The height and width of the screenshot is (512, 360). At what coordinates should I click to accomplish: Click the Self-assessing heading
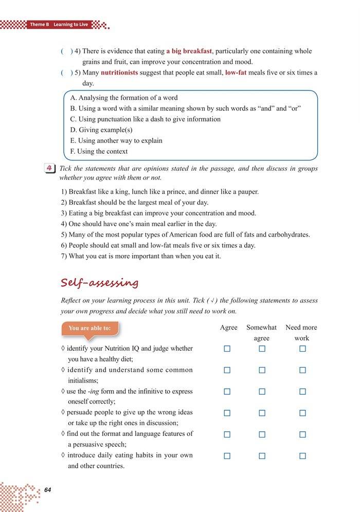pos(99,282)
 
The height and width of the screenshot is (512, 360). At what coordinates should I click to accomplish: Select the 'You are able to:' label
pos(89,327)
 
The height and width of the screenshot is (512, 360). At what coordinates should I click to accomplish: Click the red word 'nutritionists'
pos(120,73)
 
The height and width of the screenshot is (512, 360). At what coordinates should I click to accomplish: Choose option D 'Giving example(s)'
pos(101,130)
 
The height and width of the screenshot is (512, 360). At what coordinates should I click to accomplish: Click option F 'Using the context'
pos(99,152)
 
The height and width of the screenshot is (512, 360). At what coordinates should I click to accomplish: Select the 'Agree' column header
pos(228,327)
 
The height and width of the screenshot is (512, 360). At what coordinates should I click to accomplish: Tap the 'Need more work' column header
pos(301,333)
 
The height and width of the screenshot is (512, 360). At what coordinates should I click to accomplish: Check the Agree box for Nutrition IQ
pos(227,349)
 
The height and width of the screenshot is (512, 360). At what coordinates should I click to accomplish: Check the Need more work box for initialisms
pos(302,370)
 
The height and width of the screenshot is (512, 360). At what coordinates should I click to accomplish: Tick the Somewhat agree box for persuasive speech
pos(262,434)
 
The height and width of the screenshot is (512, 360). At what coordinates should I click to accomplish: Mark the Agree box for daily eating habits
pos(227,456)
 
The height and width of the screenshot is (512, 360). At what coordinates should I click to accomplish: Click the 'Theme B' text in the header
pos(39,25)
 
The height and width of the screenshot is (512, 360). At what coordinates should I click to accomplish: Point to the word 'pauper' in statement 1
pos(246,192)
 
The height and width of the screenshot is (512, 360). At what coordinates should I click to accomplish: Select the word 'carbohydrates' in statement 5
pos(288,235)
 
